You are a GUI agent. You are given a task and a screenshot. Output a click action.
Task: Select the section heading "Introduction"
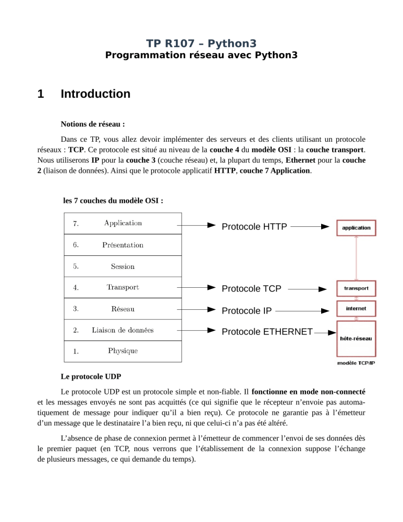tap(96, 95)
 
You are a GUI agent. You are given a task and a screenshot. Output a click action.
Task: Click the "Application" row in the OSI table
tap(123, 223)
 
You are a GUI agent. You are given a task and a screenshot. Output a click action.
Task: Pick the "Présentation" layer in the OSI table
tap(123, 245)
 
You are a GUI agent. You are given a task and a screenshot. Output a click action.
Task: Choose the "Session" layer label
tap(123, 266)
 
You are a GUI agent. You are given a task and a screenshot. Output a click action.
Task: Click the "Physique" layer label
tap(123, 351)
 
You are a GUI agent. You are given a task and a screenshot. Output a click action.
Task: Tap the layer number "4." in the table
tap(76, 288)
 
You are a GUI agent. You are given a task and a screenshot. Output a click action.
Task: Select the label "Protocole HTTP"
tap(254, 227)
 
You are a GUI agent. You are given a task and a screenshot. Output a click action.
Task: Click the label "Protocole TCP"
tap(251, 288)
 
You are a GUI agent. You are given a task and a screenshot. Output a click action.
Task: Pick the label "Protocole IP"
tap(247, 310)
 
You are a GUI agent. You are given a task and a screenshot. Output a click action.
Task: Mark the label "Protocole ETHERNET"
tap(267, 331)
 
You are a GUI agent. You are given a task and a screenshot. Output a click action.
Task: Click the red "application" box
tap(356, 228)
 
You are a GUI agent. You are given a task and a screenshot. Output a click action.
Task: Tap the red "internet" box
tap(356, 309)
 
